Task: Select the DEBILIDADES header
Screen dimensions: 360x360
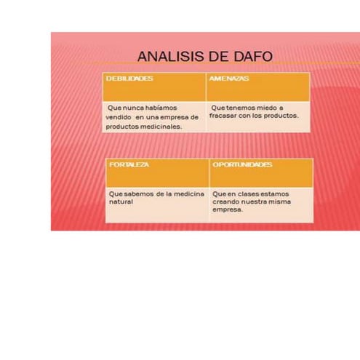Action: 129,77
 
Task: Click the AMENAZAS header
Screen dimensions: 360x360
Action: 229,77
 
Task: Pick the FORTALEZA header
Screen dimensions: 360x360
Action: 129,164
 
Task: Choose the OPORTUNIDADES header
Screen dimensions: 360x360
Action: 242,164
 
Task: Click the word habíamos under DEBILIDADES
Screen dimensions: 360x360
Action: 161,107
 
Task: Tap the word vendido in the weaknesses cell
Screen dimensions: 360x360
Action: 118,116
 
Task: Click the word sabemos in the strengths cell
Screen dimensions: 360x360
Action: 137,193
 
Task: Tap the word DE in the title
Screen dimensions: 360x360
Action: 216,57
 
